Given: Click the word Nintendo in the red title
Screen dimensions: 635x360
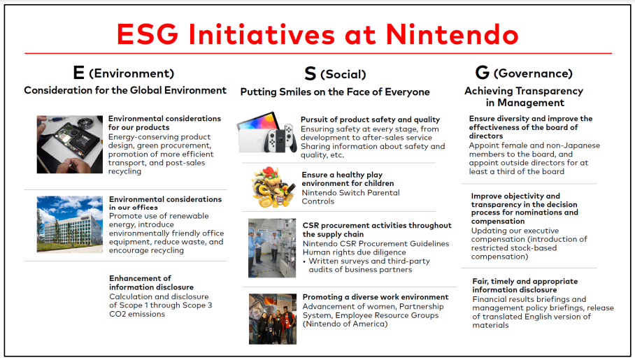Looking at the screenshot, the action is click(x=452, y=34).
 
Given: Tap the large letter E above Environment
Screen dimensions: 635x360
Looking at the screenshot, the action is click(x=78, y=73).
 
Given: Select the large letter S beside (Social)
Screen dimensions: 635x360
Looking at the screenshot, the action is click(x=311, y=73).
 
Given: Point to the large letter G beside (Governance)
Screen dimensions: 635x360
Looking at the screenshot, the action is click(x=483, y=73).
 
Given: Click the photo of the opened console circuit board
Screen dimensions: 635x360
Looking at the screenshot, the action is click(x=70, y=145).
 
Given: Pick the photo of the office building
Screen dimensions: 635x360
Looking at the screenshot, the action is click(x=70, y=224).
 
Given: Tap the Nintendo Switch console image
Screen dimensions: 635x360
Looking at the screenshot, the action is click(x=267, y=133).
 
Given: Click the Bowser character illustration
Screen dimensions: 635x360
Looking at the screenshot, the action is click(x=273, y=187).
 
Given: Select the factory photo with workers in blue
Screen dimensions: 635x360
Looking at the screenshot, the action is click(x=272, y=248).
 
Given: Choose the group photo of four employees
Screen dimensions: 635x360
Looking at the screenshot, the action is click(x=273, y=319).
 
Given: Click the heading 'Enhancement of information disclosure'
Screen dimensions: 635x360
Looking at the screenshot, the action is click(x=152, y=282).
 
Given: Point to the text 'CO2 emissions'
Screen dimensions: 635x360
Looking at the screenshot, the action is click(x=137, y=314).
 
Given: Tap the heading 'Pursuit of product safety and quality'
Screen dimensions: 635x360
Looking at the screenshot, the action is click(x=370, y=120).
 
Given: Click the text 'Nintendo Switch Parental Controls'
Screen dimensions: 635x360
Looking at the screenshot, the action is click(x=350, y=197).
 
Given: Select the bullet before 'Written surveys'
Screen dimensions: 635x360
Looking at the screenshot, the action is click(x=304, y=261).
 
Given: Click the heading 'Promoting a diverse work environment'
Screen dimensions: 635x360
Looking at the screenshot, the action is click(x=376, y=297).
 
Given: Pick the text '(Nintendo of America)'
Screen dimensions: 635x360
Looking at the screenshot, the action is click(x=345, y=324).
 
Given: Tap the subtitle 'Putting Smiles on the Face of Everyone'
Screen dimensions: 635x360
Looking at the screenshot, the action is click(x=335, y=92).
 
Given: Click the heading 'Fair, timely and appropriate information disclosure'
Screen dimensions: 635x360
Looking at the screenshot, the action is click(x=525, y=285).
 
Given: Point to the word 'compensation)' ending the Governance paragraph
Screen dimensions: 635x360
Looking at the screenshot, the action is click(x=500, y=257).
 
